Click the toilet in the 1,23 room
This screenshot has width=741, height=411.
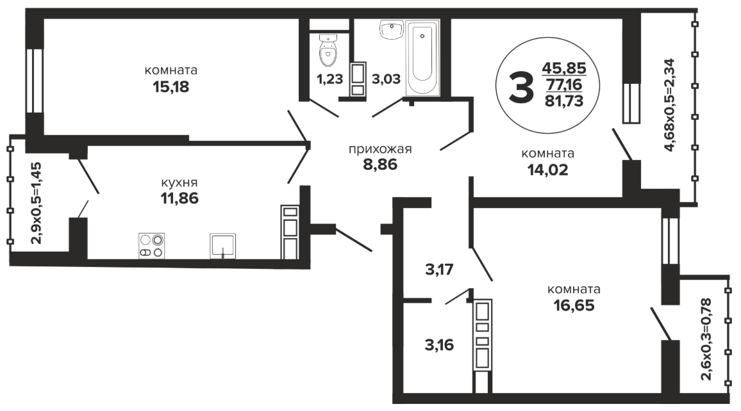tap(328, 50)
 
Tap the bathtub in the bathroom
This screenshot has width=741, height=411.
tap(422, 58)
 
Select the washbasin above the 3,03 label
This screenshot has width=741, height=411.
tap(391, 29)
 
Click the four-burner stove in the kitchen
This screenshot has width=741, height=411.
tap(151, 246)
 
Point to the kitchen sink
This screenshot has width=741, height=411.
tap(222, 246)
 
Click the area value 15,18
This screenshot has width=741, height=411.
tap(171, 87)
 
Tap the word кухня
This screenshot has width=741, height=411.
tap(179, 182)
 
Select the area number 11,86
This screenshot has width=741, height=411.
tap(179, 198)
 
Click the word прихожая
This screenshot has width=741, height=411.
tap(380, 149)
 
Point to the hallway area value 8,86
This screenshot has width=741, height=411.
tap(380, 165)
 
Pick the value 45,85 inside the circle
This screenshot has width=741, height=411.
tap(564, 68)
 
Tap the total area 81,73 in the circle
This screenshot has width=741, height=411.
tap(564, 101)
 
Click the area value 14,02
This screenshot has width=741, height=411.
tap(547, 170)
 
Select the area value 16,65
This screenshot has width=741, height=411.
tap(574, 305)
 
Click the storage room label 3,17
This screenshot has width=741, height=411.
tap(440, 270)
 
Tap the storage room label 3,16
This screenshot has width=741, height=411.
tap(440, 345)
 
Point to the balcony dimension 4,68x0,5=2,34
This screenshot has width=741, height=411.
tap(671, 105)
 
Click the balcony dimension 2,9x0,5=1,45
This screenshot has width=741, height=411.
tap(36, 203)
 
